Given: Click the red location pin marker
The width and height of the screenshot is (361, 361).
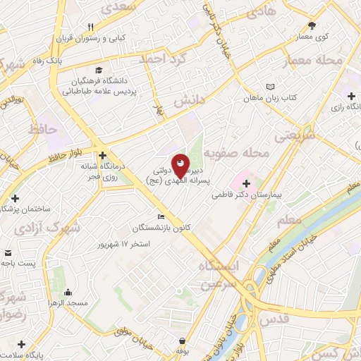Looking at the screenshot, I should [180, 166].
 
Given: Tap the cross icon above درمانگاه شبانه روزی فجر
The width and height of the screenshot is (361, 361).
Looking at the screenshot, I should [103, 155].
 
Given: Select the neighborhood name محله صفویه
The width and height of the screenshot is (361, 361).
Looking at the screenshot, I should [237, 153].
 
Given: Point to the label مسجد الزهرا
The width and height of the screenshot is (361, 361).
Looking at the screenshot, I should [68, 303].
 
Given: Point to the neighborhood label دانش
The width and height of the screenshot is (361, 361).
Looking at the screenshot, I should [189, 102].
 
